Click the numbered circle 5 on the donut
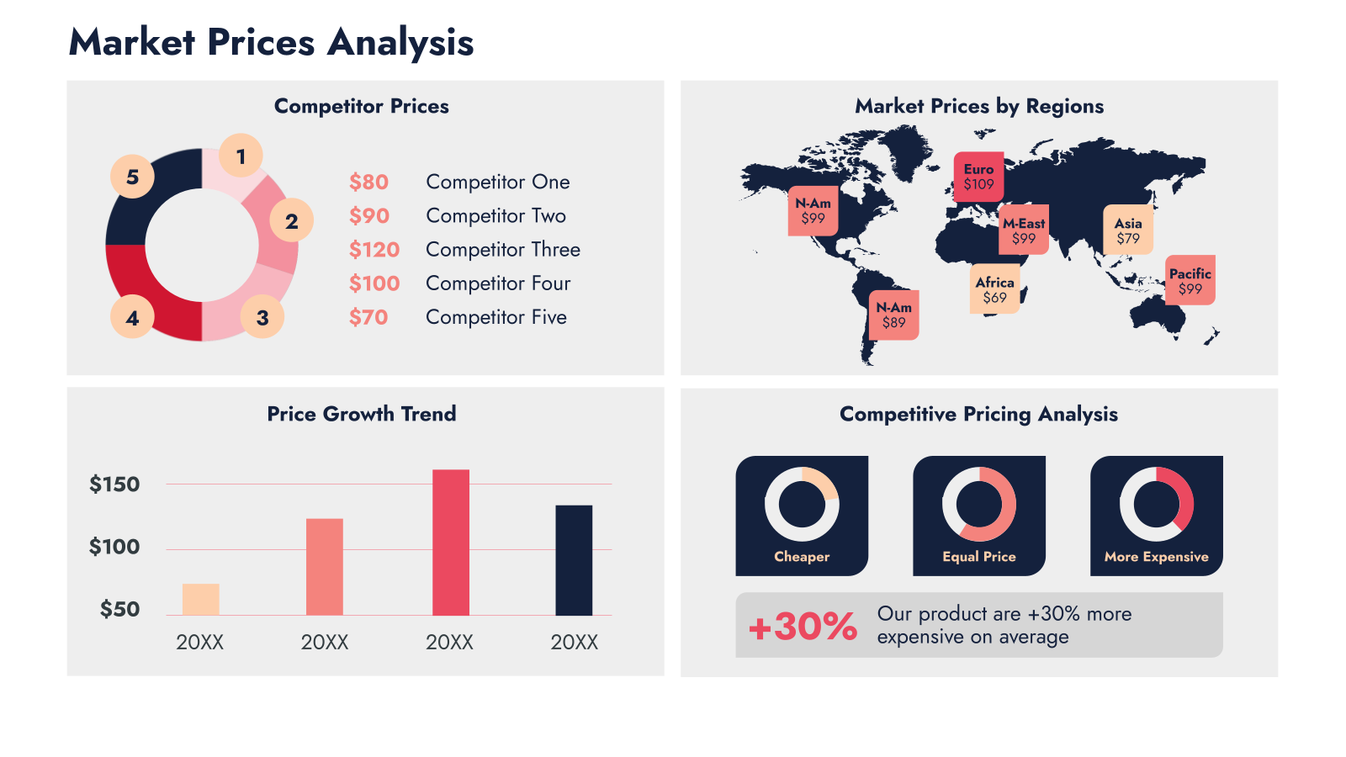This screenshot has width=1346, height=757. point(132,177)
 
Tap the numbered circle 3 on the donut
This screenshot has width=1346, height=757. point(262,317)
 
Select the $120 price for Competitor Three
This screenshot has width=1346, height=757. point(374,249)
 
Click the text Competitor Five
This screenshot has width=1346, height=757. point(496,317)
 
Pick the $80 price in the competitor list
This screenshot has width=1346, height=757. point(369,182)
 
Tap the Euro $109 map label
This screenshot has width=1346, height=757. point(978,177)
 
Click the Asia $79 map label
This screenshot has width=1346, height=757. point(1128,230)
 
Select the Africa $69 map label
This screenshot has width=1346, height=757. point(994,289)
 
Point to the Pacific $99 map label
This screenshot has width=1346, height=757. point(1190,281)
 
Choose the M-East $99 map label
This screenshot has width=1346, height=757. point(1023,230)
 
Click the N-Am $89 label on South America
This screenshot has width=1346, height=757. point(893,315)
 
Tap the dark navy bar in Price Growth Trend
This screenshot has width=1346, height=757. point(573,560)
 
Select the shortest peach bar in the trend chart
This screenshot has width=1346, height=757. point(201,600)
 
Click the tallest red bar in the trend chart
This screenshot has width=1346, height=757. point(451,543)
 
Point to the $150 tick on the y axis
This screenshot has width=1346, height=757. point(114,484)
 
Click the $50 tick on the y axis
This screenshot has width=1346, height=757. point(119,609)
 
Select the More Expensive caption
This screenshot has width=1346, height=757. point(1156,557)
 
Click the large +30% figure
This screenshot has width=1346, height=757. point(803,626)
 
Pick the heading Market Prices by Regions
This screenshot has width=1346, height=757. point(979,106)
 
